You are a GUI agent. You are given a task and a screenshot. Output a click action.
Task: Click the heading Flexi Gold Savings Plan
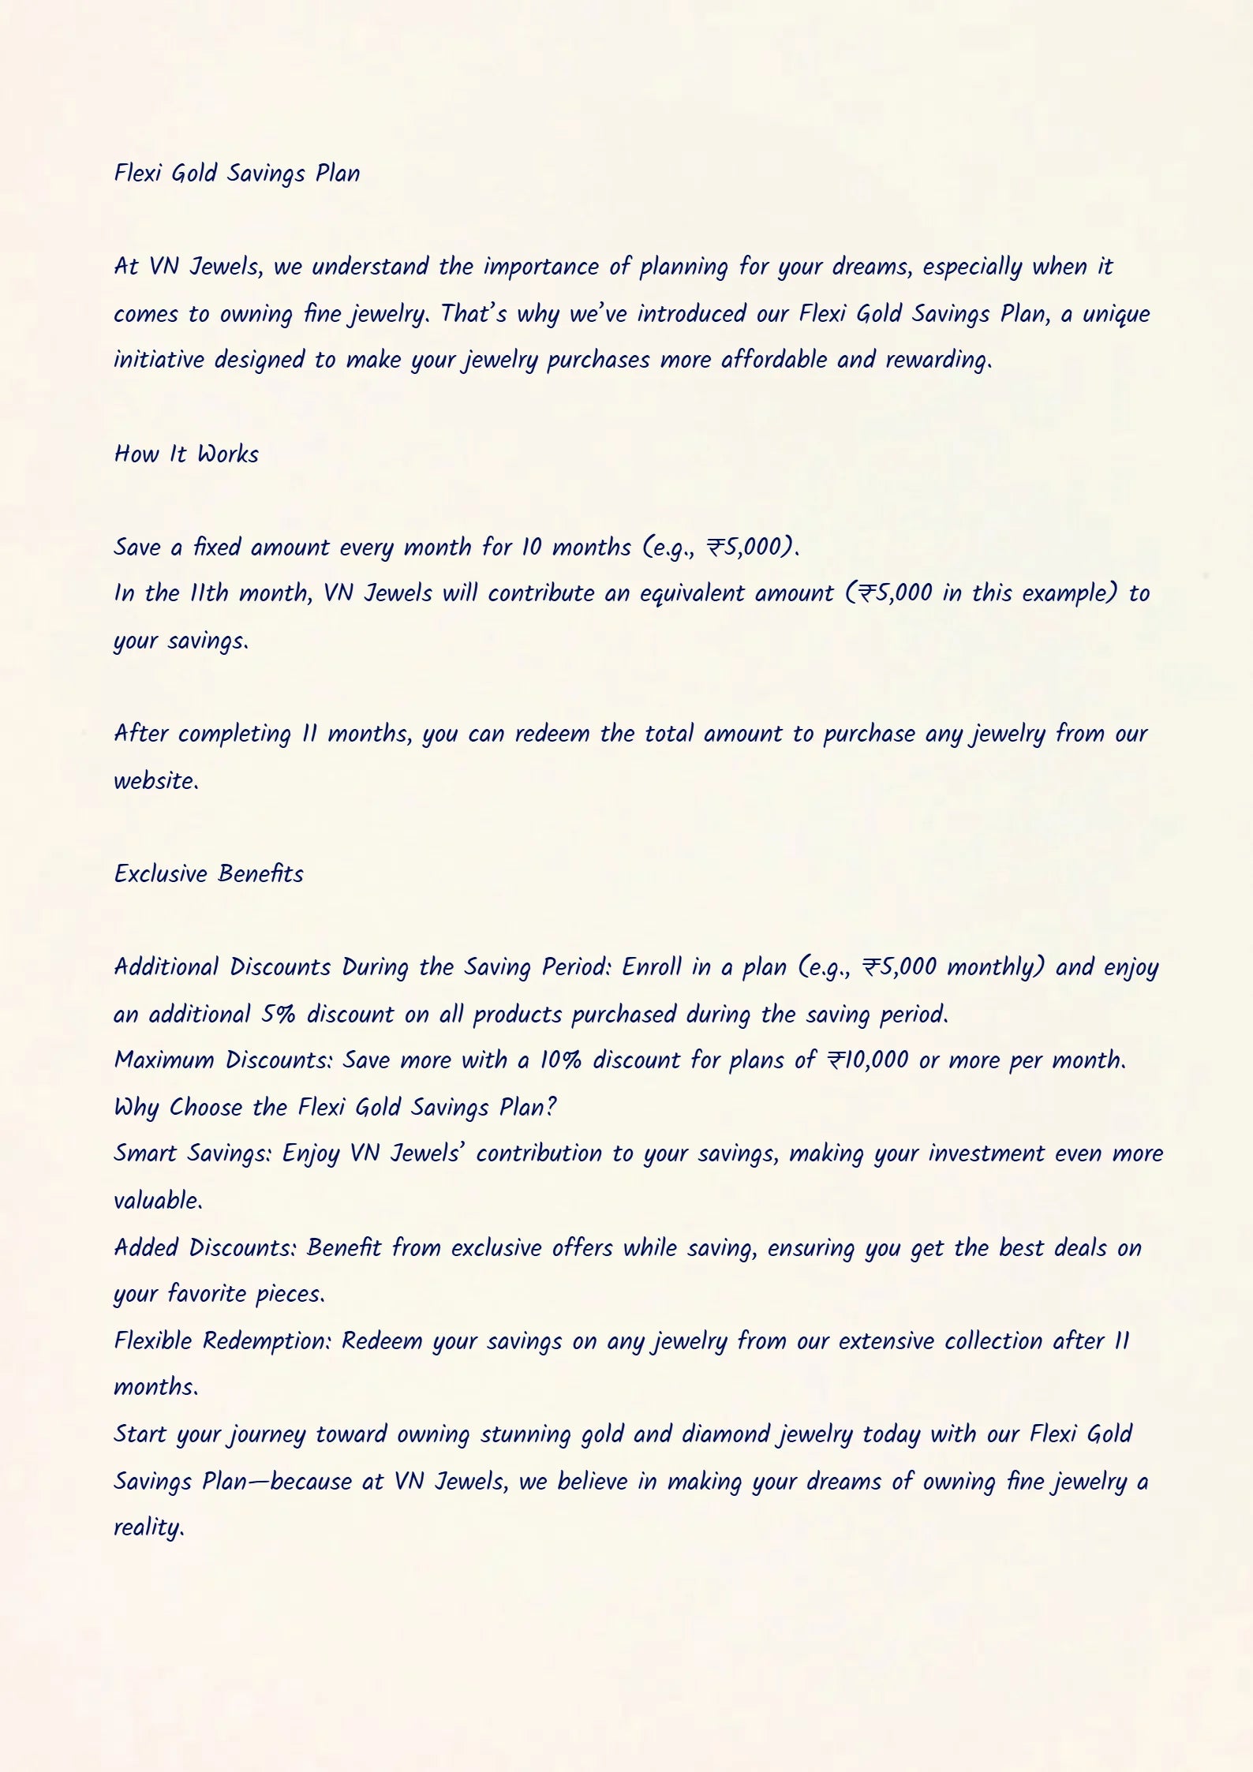[237, 174]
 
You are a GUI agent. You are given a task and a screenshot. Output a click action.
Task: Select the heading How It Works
[186, 454]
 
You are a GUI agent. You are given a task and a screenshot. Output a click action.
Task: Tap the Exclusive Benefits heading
[208, 874]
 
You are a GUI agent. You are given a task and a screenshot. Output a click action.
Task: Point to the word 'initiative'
[159, 360]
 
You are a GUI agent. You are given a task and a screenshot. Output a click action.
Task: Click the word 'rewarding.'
[938, 361]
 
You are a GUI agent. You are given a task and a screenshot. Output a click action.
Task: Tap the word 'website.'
[156, 781]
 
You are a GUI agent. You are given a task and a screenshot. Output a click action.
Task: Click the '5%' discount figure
[279, 1015]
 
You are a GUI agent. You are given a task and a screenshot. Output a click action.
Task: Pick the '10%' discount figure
[560, 1060]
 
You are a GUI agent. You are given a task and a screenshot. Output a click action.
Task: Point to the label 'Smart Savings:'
[193, 1154]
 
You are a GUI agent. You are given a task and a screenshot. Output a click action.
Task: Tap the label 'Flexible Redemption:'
[223, 1341]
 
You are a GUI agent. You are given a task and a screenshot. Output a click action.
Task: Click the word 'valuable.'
[158, 1201]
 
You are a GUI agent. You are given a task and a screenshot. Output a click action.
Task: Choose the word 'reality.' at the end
[149, 1528]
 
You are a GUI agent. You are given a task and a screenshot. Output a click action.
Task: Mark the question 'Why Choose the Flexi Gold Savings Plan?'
[335, 1108]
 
